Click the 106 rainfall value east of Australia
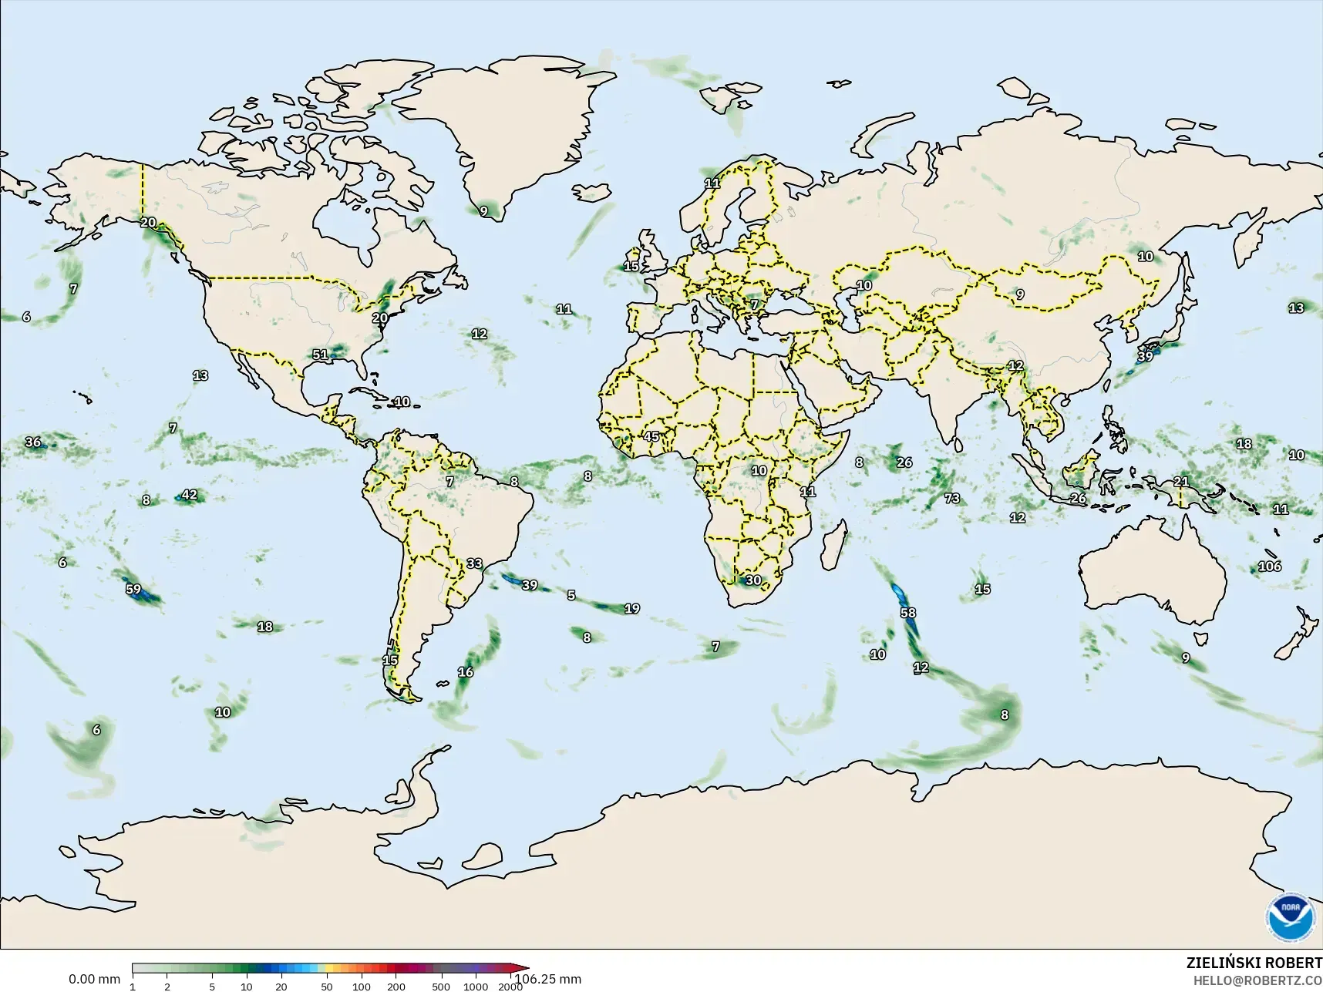[x=1269, y=567]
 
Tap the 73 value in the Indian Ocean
[x=952, y=499]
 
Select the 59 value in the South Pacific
[x=133, y=590]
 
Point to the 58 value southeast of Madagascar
[x=908, y=614]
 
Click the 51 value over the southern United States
[x=320, y=355]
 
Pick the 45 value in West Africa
[x=651, y=437]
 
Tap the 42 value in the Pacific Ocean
[x=189, y=495]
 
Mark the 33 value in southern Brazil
[x=474, y=563]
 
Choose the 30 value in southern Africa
[x=753, y=580]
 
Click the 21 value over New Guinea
[x=1181, y=482]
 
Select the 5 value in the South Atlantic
[x=571, y=595]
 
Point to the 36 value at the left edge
[x=33, y=442]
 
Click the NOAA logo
[x=1290, y=916]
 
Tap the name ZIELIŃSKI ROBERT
[x=1254, y=963]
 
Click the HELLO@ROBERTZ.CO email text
[x=1257, y=980]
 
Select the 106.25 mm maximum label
[x=547, y=980]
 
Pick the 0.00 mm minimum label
[x=94, y=980]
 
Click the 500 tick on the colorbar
[x=441, y=987]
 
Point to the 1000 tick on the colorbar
[x=476, y=987]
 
